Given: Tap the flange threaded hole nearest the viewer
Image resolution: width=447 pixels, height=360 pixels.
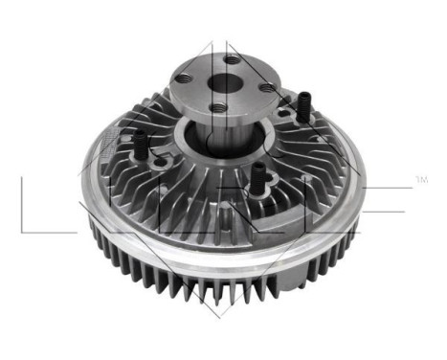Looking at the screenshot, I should pos(219,107).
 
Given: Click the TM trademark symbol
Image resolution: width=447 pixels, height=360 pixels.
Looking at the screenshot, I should pos(420,179).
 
